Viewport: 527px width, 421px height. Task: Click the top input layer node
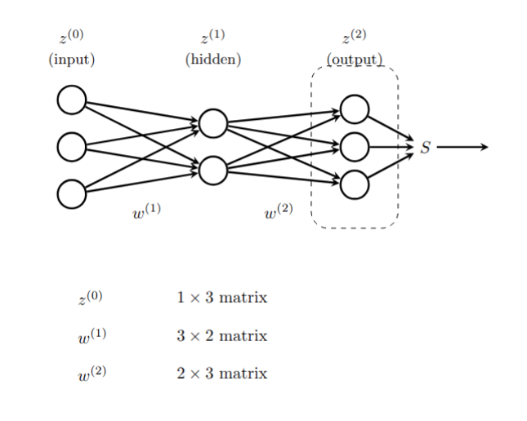[71, 100]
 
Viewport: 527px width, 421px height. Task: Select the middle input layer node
[71, 148]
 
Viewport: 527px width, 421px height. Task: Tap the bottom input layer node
[71, 194]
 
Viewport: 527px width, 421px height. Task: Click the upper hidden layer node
[212, 124]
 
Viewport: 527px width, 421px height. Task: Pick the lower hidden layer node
[212, 171]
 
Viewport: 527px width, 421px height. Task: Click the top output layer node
[355, 109]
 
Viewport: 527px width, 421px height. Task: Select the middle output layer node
[355, 148]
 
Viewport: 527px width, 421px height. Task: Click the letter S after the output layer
[425, 148]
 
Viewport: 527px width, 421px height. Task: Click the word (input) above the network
[71, 60]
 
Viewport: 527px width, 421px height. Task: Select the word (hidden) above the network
[213, 60]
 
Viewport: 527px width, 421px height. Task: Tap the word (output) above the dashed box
[355, 60]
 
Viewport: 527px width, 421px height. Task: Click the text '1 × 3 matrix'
[221, 298]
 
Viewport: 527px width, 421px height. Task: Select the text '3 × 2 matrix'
[221, 336]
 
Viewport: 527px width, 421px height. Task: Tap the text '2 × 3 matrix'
[221, 374]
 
